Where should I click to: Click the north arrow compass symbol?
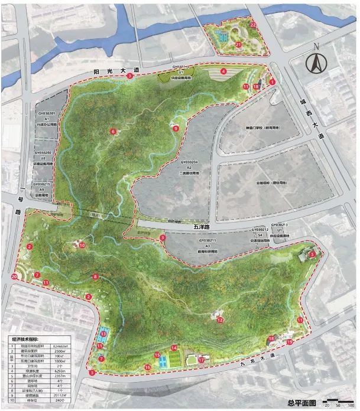[x=319, y=60]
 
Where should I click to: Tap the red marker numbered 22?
[x=252, y=25]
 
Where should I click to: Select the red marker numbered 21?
[x=238, y=44]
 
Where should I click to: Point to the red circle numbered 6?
[x=112, y=131]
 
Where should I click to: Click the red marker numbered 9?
[x=176, y=128]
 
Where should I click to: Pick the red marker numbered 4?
[x=223, y=71]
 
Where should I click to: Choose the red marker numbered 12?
[x=219, y=319]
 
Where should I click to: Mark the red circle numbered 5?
[x=312, y=255]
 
